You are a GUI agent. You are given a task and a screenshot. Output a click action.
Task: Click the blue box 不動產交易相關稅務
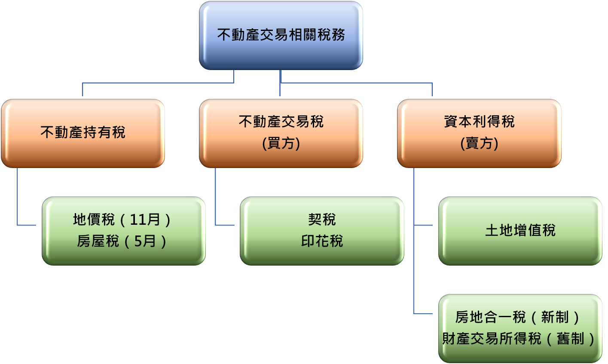281,35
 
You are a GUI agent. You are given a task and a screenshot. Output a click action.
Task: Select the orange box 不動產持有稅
83,132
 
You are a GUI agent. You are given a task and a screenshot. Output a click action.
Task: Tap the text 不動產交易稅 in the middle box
281,122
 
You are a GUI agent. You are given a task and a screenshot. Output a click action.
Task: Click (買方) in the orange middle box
281,143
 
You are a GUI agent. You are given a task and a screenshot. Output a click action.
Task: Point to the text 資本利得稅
479,122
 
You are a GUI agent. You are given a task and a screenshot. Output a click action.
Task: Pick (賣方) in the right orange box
479,143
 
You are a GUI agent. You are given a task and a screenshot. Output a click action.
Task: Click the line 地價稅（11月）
122,220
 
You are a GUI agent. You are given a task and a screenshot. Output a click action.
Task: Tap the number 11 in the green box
139,220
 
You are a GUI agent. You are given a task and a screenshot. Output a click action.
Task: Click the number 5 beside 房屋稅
137,241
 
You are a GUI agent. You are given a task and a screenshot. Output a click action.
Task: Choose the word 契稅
322,220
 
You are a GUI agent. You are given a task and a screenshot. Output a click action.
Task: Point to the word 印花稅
322,241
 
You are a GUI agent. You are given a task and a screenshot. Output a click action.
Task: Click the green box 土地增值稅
520,230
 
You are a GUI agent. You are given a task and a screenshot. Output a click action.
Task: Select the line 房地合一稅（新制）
519,317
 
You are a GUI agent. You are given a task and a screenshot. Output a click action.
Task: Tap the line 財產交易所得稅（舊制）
519,339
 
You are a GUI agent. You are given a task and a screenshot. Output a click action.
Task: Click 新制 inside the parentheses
555,317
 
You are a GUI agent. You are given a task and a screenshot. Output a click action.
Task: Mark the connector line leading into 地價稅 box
27,225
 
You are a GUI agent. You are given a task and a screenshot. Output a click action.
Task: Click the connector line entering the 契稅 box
225,225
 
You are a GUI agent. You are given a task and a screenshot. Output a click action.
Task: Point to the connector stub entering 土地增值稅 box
424,225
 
